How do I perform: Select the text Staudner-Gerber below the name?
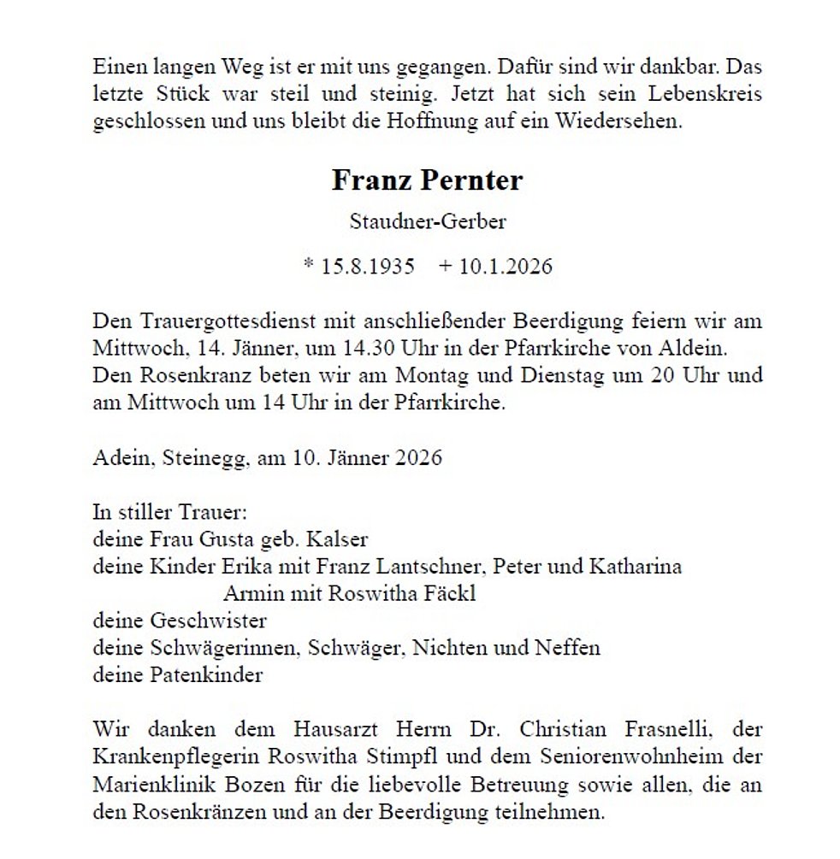tap(428, 222)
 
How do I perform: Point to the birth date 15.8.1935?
tap(368, 266)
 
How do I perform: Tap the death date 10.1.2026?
tap(506, 266)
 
